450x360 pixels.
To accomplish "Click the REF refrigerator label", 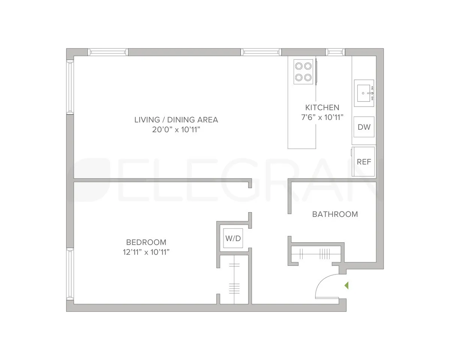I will pos(364,162).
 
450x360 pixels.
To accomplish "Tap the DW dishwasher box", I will pos(364,127).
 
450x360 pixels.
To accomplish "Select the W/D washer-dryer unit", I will pos(233,238).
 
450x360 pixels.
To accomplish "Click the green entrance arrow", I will pos(346,285).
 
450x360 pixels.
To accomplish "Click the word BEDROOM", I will pos(146,242).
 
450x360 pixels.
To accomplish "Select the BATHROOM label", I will pos(335,214).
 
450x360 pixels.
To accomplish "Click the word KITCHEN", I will pos(322,108).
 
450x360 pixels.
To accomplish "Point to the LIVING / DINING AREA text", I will pos(176,120).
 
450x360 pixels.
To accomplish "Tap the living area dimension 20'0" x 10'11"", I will pos(176,130).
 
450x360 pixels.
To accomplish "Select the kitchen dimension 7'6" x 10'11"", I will pos(322,117).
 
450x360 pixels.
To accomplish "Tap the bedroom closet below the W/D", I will pos(234,279).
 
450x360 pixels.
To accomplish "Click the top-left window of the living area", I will pos(108,52).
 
